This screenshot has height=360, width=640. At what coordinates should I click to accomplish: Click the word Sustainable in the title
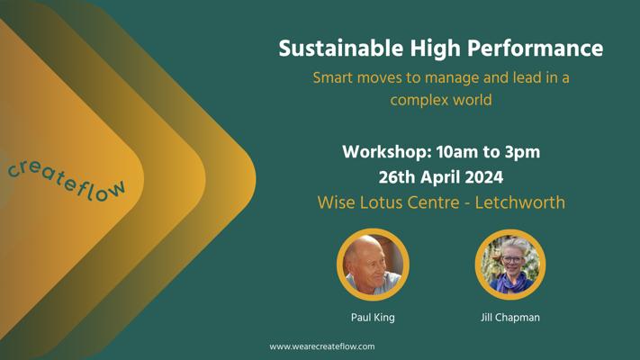click(x=341, y=49)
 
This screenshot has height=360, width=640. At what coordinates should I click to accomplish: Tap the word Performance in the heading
click(x=535, y=49)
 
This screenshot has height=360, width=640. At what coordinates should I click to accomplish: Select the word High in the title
click(x=435, y=49)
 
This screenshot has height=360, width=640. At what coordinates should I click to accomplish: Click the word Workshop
click(x=386, y=152)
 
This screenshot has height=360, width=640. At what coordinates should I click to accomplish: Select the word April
click(x=440, y=178)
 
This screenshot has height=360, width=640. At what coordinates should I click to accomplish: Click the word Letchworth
click(x=520, y=202)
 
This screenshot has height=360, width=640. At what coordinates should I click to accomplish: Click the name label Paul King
click(x=373, y=318)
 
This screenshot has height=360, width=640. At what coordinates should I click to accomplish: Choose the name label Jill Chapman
click(x=510, y=318)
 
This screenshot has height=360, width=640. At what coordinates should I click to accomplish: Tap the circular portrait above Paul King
click(x=373, y=265)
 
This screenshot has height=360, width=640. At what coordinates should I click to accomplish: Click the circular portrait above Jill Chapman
click(x=510, y=265)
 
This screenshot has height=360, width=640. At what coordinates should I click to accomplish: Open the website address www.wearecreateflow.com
click(x=322, y=346)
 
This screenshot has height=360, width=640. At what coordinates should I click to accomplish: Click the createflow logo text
click(x=67, y=181)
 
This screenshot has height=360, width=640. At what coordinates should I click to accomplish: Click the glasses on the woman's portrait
click(x=511, y=259)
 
